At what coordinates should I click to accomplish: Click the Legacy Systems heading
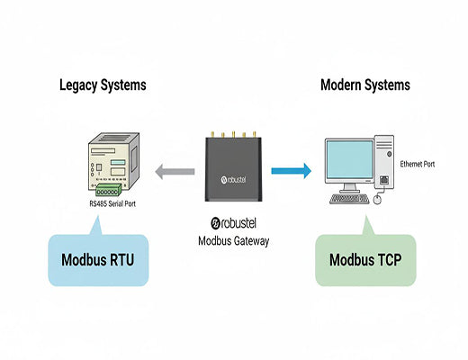point(103,85)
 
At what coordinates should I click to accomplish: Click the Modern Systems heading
point(364,85)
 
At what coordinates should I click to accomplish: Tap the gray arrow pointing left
point(175,171)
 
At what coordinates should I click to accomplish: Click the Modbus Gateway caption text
point(233,240)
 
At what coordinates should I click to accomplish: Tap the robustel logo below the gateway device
point(233,223)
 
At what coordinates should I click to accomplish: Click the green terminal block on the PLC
point(108,192)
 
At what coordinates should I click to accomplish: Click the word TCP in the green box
point(390,262)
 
